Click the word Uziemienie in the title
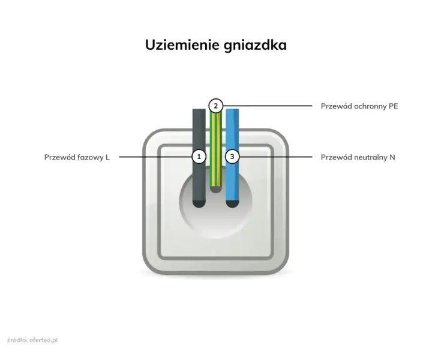(182, 44)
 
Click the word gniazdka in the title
(256, 46)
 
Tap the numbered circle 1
(199, 157)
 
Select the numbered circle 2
(216, 106)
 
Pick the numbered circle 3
(232, 157)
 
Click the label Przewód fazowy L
(77, 157)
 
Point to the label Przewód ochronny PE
(359, 106)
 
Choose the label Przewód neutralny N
(358, 157)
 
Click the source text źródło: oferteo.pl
(32, 340)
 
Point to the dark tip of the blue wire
(232, 204)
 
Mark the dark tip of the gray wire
(199, 204)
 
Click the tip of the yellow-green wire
(216, 190)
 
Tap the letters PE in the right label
(394, 106)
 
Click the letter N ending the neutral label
(392, 157)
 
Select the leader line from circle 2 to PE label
(267, 106)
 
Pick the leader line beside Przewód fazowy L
(155, 157)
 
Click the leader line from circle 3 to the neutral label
(275, 157)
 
